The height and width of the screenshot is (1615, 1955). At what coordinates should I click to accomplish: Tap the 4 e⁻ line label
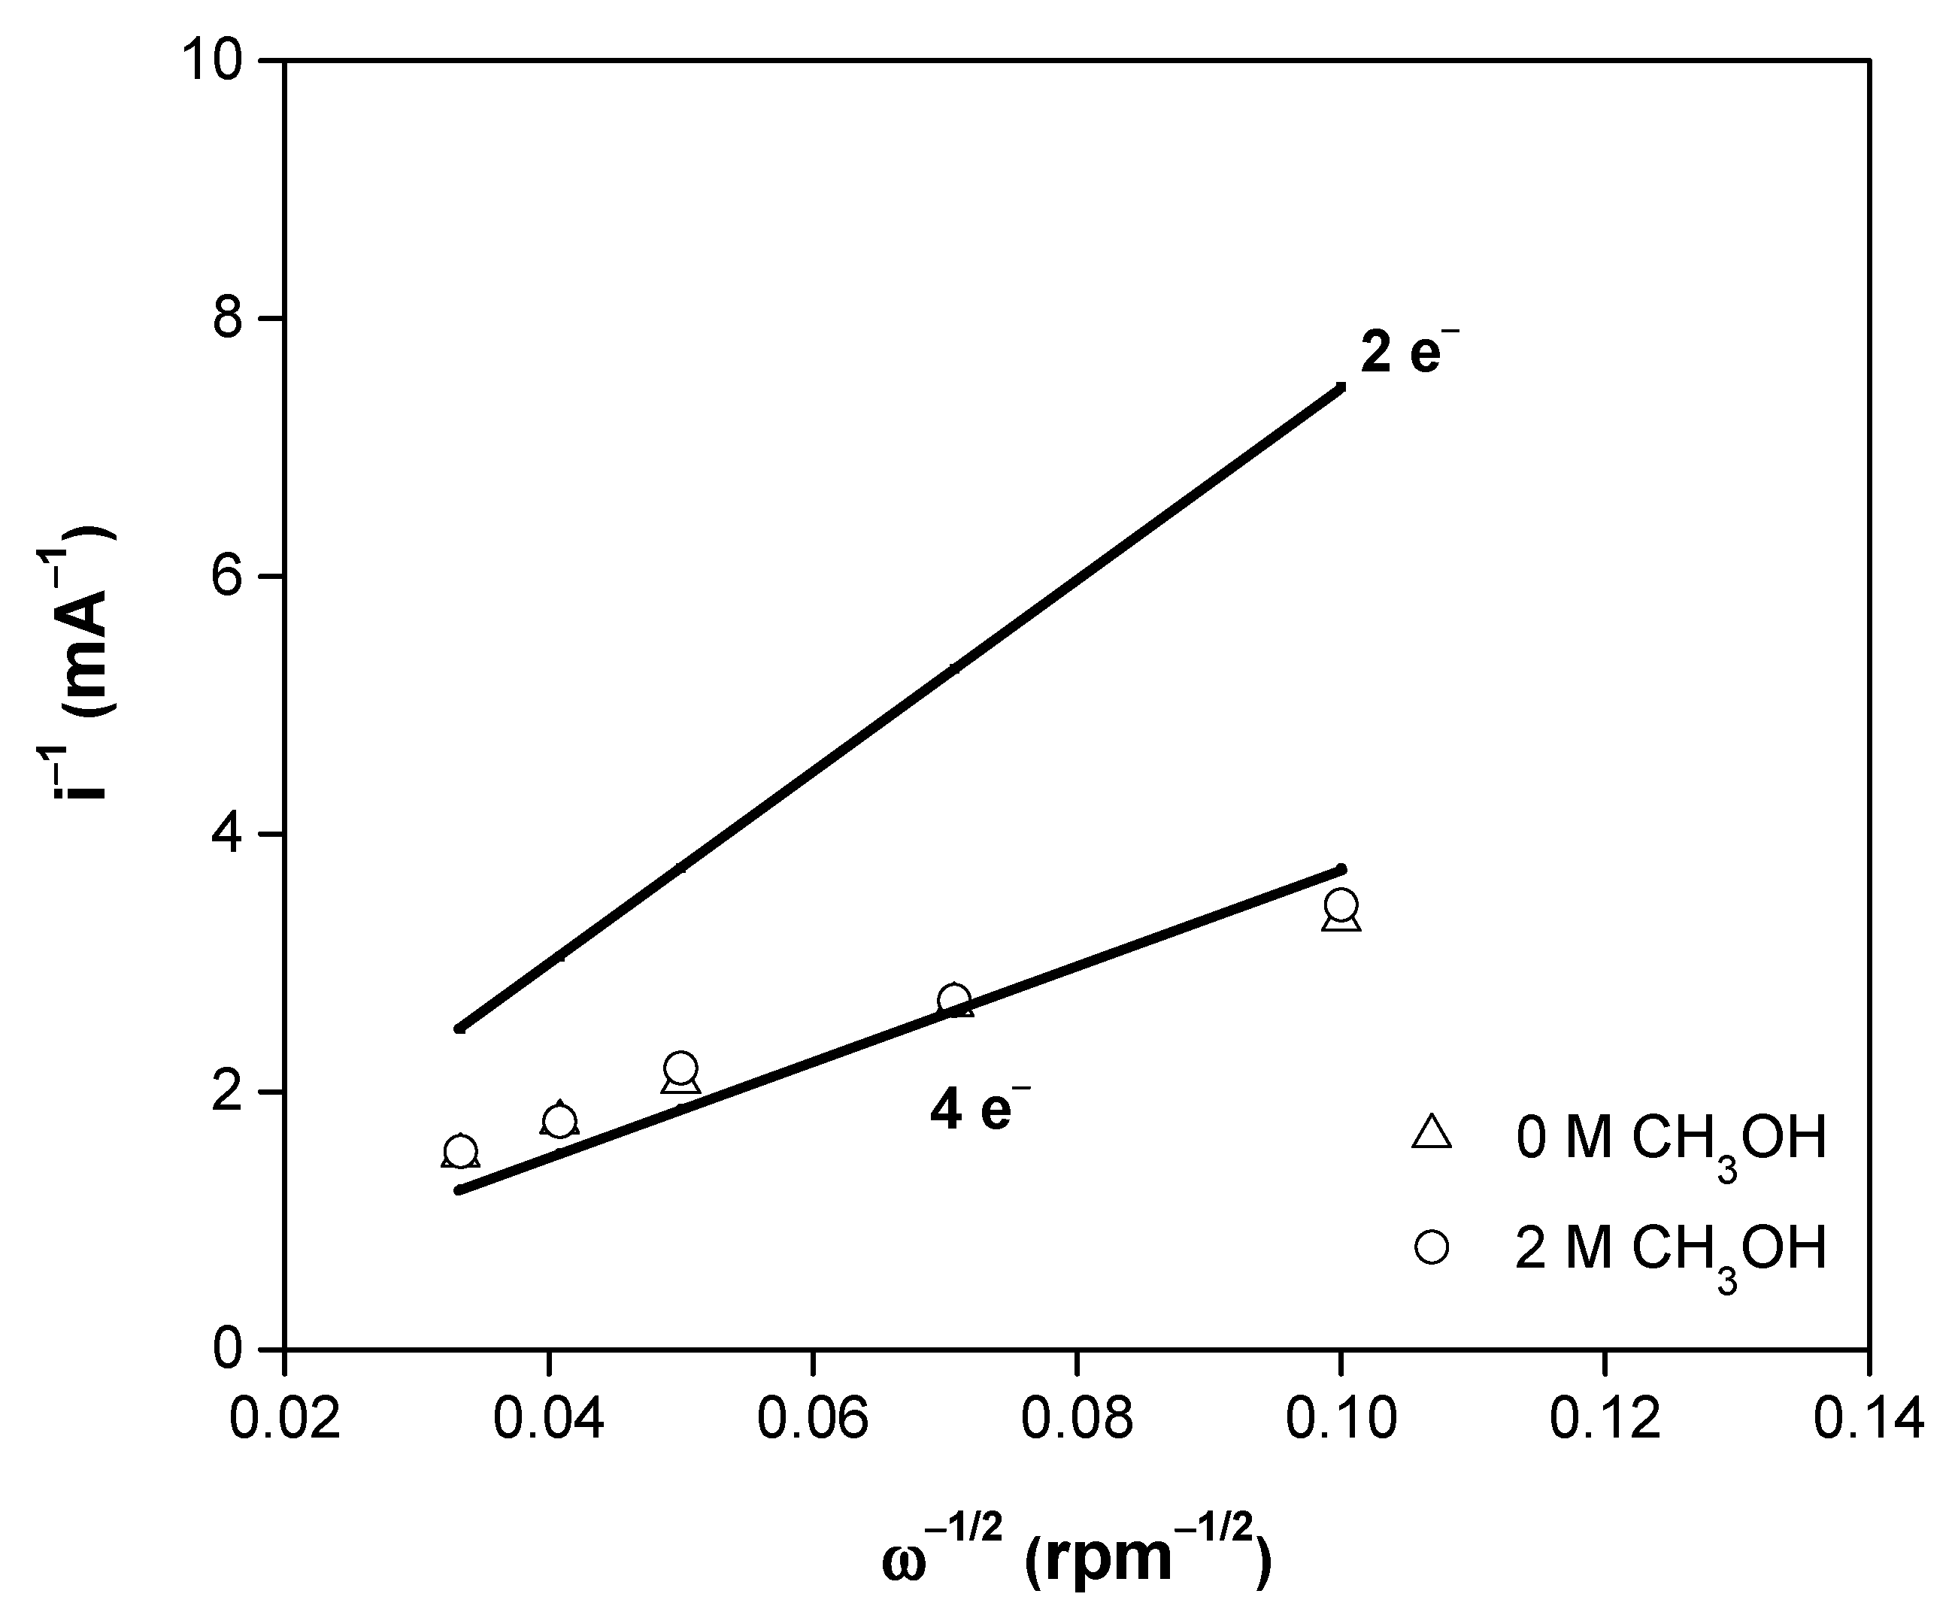point(980,1108)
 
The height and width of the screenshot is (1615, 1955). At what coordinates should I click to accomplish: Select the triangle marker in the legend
point(1431,1134)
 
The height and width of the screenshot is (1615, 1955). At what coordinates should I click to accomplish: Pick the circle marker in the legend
point(1431,1247)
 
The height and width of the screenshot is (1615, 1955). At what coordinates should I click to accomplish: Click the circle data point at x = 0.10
point(1340,904)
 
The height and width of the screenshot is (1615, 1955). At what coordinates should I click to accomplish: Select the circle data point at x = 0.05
point(681,1067)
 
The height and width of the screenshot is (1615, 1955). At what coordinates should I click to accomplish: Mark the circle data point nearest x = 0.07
point(953,999)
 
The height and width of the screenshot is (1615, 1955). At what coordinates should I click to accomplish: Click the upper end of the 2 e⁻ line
point(1340,387)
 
